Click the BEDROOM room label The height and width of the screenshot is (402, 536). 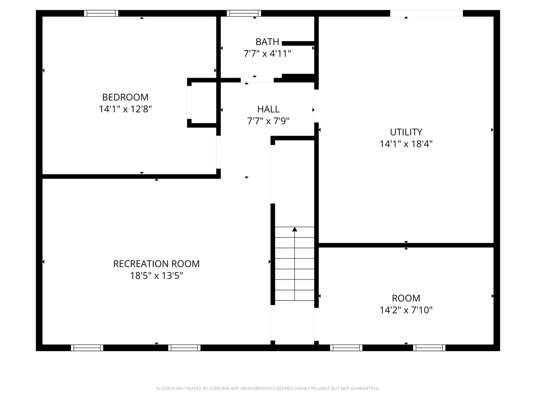[125, 97]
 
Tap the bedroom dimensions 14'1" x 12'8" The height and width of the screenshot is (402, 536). [125, 109]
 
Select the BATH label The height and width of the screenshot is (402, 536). [267, 42]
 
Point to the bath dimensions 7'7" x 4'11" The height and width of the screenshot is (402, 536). [267, 53]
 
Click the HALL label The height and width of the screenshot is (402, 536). [268, 109]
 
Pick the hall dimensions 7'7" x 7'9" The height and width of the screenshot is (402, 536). [268, 121]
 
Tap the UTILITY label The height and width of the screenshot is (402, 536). [406, 132]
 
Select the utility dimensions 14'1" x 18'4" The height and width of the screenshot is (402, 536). [406, 144]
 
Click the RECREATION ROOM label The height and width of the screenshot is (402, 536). [156, 264]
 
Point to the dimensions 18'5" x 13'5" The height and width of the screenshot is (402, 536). [156, 276]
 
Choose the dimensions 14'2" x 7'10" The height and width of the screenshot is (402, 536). [406, 310]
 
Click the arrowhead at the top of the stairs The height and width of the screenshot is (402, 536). [295, 229]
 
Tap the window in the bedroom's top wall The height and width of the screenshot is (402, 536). [101, 13]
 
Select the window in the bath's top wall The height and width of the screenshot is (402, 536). [244, 13]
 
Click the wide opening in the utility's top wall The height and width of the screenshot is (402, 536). [426, 13]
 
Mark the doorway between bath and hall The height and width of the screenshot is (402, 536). [257, 80]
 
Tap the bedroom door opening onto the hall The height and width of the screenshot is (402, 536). [219, 152]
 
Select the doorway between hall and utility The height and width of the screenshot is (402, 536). [317, 106]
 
